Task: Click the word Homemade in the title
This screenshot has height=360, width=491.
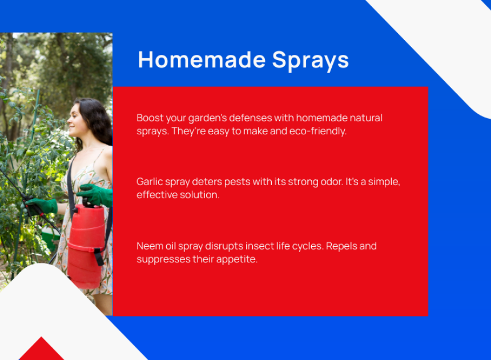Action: [x=202, y=59]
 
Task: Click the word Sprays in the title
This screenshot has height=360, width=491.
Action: [x=311, y=61]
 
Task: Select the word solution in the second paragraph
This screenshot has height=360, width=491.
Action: [x=200, y=195]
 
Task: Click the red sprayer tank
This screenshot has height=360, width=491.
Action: [x=86, y=246]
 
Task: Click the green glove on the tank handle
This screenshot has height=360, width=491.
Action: [x=95, y=195]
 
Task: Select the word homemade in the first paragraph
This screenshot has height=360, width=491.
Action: [x=321, y=118]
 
